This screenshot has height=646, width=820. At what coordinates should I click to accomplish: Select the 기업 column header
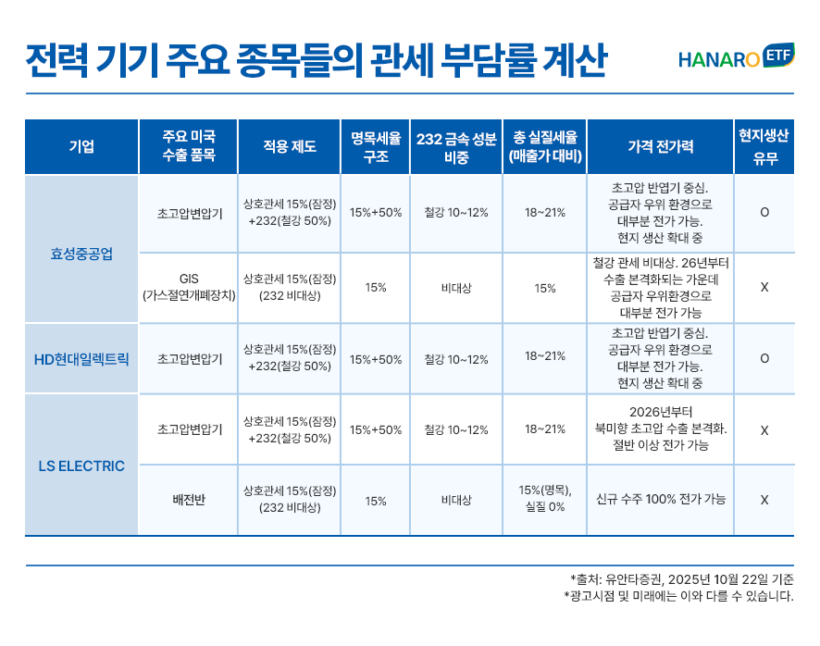coord(81,146)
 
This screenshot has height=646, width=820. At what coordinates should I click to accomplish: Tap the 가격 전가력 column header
coord(660,146)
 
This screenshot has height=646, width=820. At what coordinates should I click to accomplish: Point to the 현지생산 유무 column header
coord(764,146)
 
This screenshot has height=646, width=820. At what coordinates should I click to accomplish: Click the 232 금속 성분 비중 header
coord(456,146)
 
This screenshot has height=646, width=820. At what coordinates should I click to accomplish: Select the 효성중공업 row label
coord(81,252)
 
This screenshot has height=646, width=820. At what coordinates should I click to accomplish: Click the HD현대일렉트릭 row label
coord(81,358)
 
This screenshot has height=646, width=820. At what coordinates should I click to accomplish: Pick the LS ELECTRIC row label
coord(81,466)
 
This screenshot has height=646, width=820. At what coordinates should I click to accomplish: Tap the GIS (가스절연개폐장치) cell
coord(189,287)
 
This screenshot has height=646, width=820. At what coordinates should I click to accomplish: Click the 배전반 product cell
coord(189,500)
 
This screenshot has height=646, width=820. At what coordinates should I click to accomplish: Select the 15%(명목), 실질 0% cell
coord(545,500)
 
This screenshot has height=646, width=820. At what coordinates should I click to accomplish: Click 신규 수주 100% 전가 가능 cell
coord(660,500)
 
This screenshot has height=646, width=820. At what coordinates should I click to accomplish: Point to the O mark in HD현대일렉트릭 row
coord(764,358)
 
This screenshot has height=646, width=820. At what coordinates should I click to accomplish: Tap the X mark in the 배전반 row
coord(764,500)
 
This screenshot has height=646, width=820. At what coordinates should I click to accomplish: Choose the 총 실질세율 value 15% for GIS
coord(545,288)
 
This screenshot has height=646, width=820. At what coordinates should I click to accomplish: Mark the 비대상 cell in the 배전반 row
coord(456,500)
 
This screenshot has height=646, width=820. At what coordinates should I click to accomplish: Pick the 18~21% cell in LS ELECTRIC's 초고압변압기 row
coord(545,429)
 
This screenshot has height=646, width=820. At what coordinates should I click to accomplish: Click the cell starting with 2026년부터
coord(660,429)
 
